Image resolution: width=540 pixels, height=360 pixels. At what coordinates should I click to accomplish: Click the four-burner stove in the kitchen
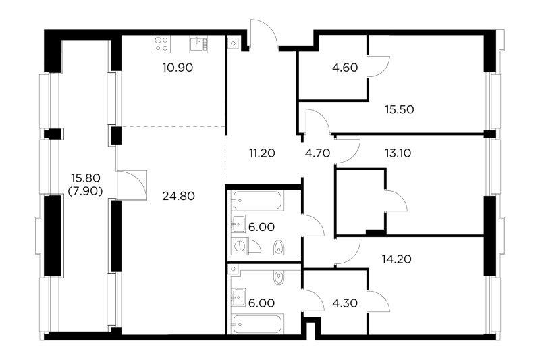tap(161, 44)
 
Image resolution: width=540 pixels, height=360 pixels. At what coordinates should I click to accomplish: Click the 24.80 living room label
tap(179, 197)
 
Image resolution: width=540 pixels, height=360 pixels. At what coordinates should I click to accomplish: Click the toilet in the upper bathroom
tap(278, 249)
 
